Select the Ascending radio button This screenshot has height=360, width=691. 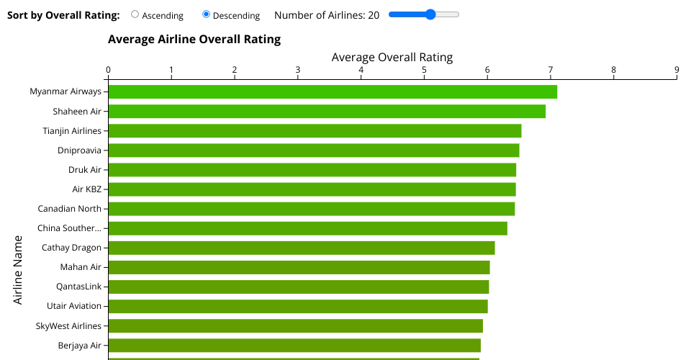click(x=135, y=14)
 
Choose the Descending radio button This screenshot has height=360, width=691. click(x=207, y=14)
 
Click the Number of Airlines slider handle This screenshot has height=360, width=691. click(x=430, y=14)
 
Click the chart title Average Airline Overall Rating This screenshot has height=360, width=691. click(x=194, y=40)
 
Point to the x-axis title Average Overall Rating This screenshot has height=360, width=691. click(x=392, y=58)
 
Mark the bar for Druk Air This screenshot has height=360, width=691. click(x=312, y=170)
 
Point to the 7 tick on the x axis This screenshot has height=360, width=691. click(x=551, y=71)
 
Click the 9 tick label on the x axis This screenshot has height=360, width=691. click(x=677, y=70)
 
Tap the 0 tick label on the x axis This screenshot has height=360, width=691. click(x=108, y=70)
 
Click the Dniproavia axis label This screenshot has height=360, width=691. click(x=79, y=150)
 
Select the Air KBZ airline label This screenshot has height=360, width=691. click(x=86, y=189)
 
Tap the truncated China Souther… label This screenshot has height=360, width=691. click(x=69, y=228)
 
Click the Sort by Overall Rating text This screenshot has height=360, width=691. click(x=63, y=15)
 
